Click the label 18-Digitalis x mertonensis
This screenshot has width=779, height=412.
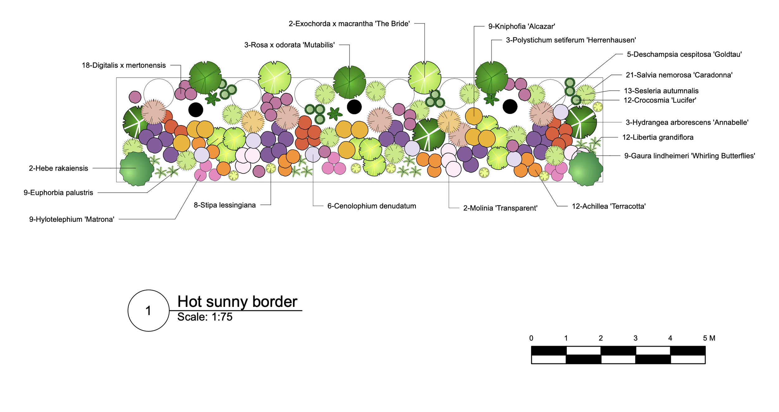124,65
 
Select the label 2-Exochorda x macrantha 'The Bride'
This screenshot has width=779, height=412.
349,24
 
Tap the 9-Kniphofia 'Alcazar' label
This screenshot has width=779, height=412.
521,27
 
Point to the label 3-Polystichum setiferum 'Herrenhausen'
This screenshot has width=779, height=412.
571,40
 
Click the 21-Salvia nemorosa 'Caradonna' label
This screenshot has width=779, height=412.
679,75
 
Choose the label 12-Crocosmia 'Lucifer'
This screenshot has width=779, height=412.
660,100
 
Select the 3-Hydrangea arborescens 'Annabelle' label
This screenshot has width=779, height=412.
687,123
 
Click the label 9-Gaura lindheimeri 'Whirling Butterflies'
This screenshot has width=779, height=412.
689,156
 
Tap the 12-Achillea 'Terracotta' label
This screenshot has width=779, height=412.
609,206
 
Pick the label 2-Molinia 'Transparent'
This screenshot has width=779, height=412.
500,208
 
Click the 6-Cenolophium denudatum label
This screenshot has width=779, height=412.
371,206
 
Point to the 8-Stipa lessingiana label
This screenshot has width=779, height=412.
225,205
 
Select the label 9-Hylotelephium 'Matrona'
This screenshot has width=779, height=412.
72,220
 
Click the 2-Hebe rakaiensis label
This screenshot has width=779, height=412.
59,168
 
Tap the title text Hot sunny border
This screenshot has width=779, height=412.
237,302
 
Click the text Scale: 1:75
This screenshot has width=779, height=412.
205,317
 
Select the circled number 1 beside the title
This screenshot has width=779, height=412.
149,311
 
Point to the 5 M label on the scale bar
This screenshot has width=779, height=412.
709,338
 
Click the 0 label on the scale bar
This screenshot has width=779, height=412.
531,338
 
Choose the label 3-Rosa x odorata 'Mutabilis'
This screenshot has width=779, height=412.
289,45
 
